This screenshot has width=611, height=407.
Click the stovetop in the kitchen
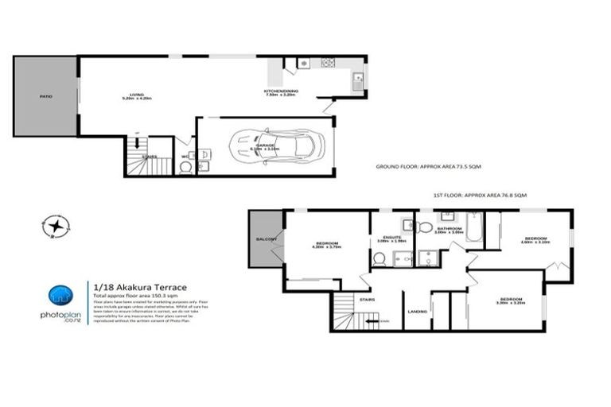click(x=325, y=63)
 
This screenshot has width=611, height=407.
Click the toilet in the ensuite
click(x=379, y=258)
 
